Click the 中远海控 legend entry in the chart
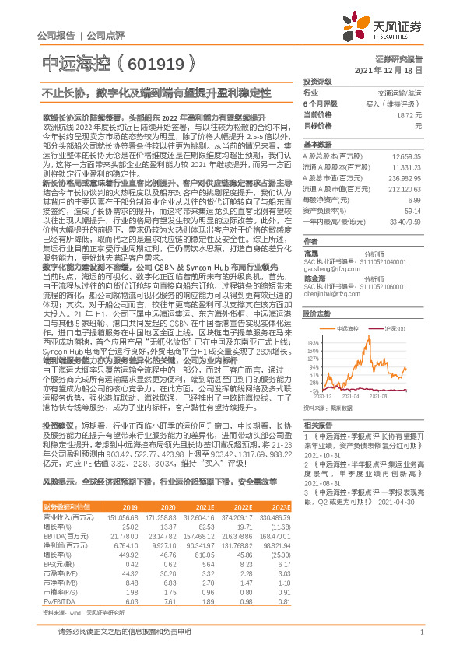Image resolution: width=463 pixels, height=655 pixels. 347,330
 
